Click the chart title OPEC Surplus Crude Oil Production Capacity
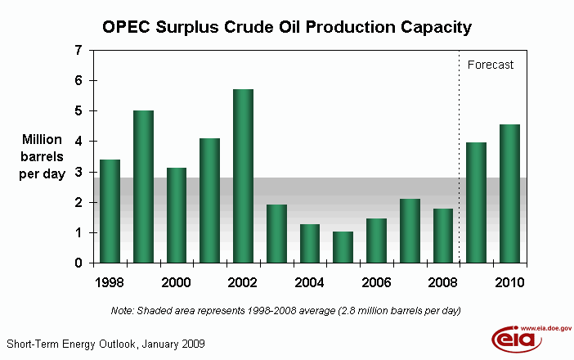point(286,27)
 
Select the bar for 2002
point(243,176)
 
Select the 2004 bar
point(309,244)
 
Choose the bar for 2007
point(410,231)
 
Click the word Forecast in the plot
point(490,65)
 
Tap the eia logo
point(511,338)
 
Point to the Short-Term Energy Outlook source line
point(105,344)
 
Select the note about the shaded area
point(286,311)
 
